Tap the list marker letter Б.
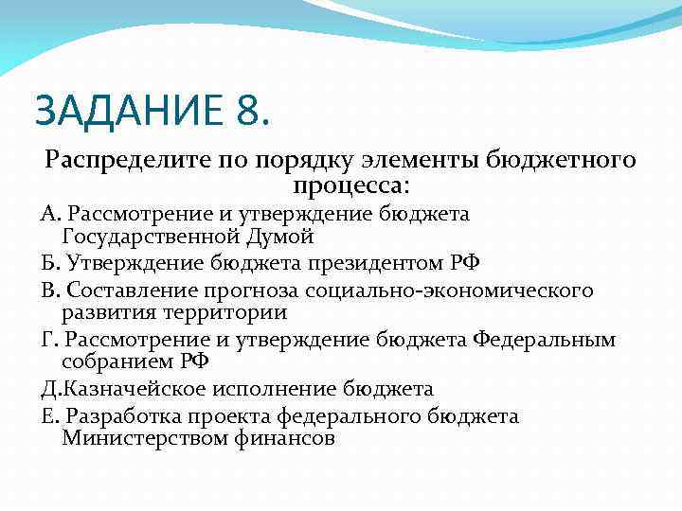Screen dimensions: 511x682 click(x=45, y=262)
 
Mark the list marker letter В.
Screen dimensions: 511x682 click(x=45, y=289)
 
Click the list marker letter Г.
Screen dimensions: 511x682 click(x=45, y=339)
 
